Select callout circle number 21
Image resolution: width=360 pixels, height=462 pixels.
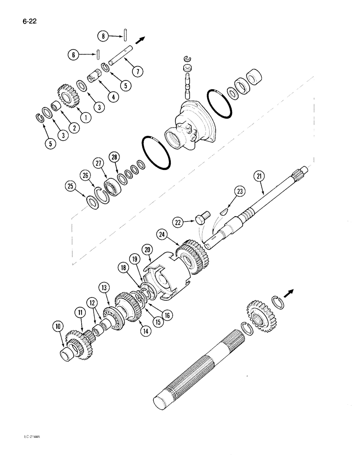(258, 176)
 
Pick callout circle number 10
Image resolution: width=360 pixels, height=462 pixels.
(59, 327)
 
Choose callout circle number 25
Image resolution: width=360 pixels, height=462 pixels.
(70, 186)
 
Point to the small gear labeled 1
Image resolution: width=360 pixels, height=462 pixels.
(68, 97)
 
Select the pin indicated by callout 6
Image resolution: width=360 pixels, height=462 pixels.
(99, 54)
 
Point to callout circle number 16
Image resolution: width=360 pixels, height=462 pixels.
(166, 315)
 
